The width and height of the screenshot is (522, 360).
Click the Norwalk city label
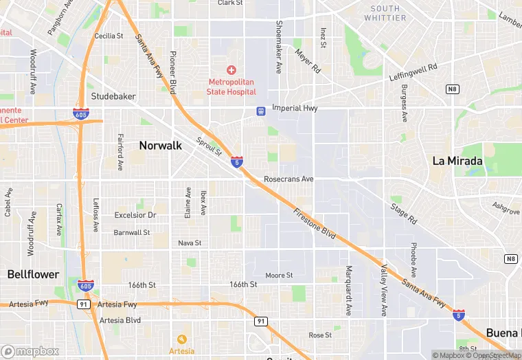click(160, 145)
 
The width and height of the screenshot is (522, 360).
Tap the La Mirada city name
click(457, 161)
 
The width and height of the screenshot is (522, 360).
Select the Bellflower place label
click(33, 274)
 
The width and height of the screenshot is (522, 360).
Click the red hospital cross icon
click(231, 70)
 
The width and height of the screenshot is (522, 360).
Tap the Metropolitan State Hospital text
click(232, 87)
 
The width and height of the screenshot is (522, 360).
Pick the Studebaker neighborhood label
click(113, 96)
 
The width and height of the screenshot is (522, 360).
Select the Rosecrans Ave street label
click(288, 179)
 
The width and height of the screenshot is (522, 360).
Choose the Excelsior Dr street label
click(135, 215)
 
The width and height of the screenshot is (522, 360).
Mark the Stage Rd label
click(403, 213)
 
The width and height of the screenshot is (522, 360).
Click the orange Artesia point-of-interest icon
click(181, 339)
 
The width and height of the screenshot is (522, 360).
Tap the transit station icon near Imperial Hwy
click(261, 111)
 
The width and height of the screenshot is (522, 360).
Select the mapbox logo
click(30, 351)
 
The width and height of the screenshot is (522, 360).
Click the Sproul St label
click(209, 146)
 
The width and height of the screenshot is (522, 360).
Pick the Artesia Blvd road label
click(120, 320)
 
